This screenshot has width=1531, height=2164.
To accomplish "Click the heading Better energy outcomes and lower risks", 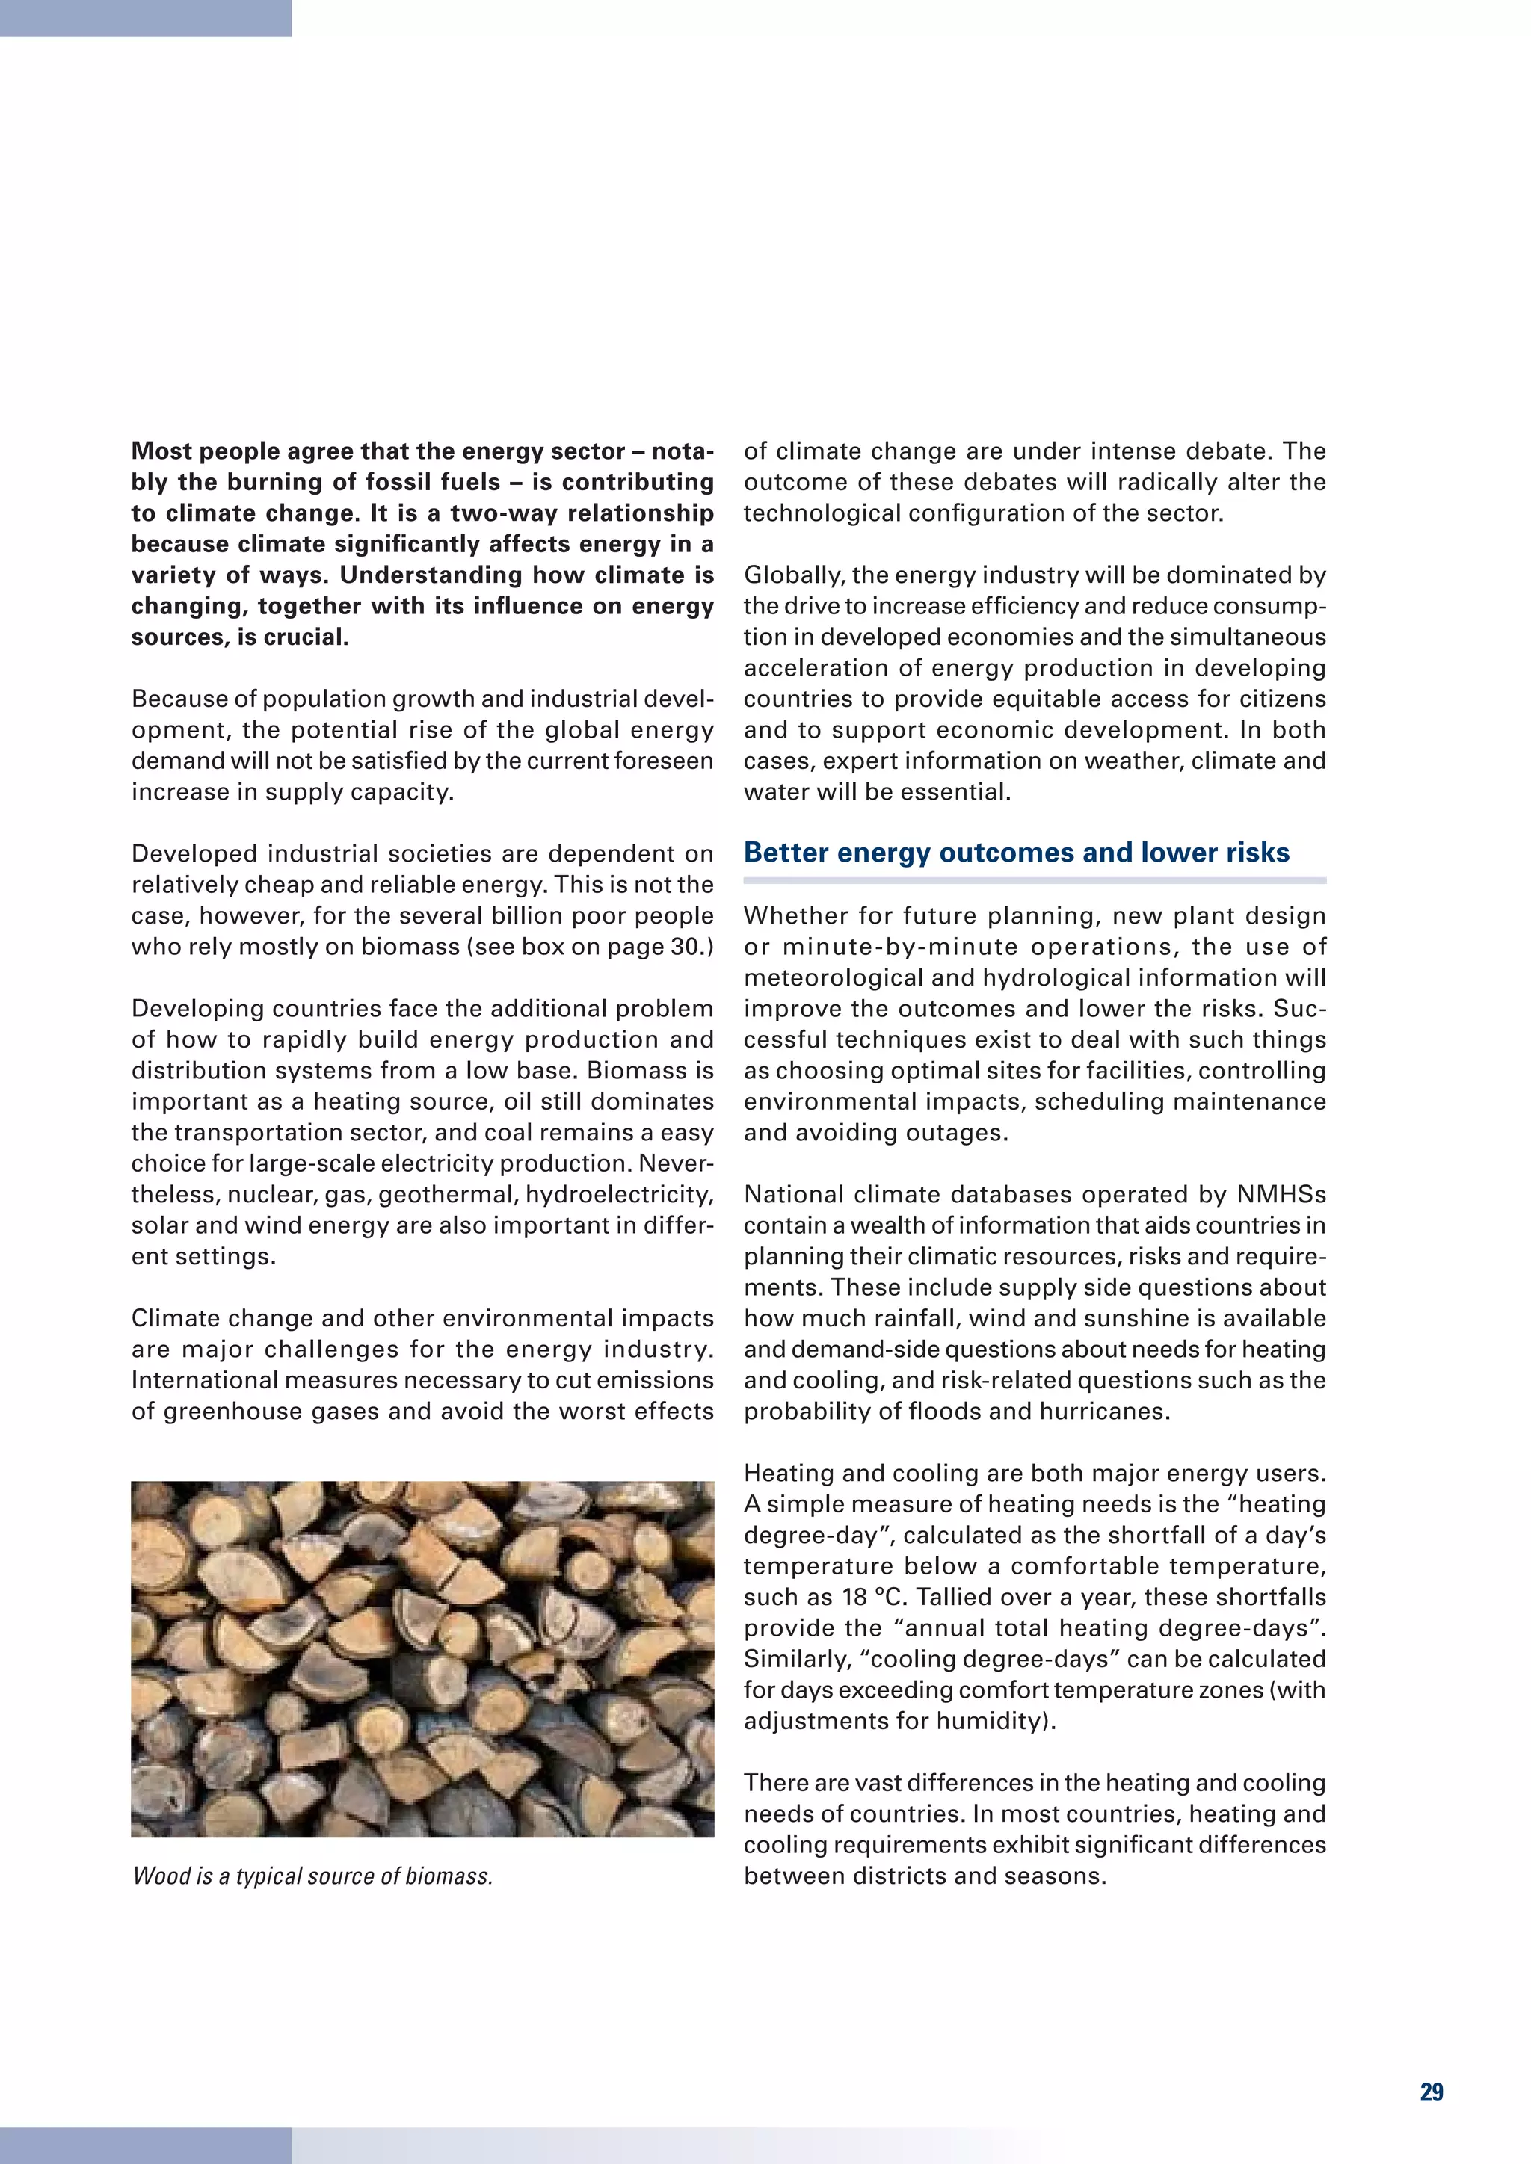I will tap(1015, 852).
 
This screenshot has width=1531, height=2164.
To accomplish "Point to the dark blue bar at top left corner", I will tap(145, 17).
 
